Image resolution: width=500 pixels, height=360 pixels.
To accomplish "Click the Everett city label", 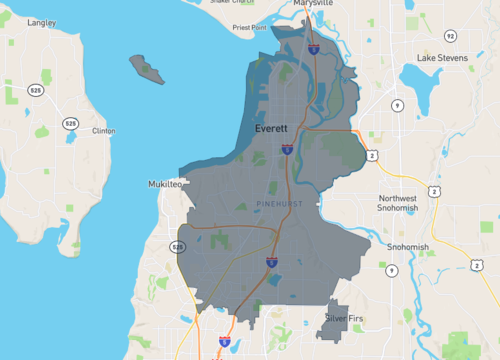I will tap(270, 130).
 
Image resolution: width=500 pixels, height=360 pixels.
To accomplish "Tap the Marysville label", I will tap(313, 4).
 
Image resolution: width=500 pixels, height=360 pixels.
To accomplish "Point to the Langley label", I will tap(42, 21).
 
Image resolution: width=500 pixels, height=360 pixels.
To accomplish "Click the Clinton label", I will tap(103, 131).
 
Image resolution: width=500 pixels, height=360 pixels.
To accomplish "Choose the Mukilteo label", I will tap(166, 185).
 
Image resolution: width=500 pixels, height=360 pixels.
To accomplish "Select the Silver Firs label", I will tap(345, 318).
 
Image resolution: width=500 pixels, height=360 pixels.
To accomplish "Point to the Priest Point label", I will tap(250, 29).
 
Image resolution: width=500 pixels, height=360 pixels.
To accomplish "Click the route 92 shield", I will tap(451, 35).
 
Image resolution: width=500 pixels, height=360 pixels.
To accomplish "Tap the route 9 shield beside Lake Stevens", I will tap(397, 105).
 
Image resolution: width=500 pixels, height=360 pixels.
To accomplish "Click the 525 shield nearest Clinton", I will tap(70, 123).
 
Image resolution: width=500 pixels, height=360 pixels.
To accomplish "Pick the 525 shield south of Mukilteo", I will tap(178, 246).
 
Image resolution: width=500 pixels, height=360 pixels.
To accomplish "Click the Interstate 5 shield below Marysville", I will tap(313, 47).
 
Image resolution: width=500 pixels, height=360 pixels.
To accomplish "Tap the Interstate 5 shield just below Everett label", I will tap(287, 149).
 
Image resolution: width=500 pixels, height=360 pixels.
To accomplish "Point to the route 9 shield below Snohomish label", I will tap(391, 270).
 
